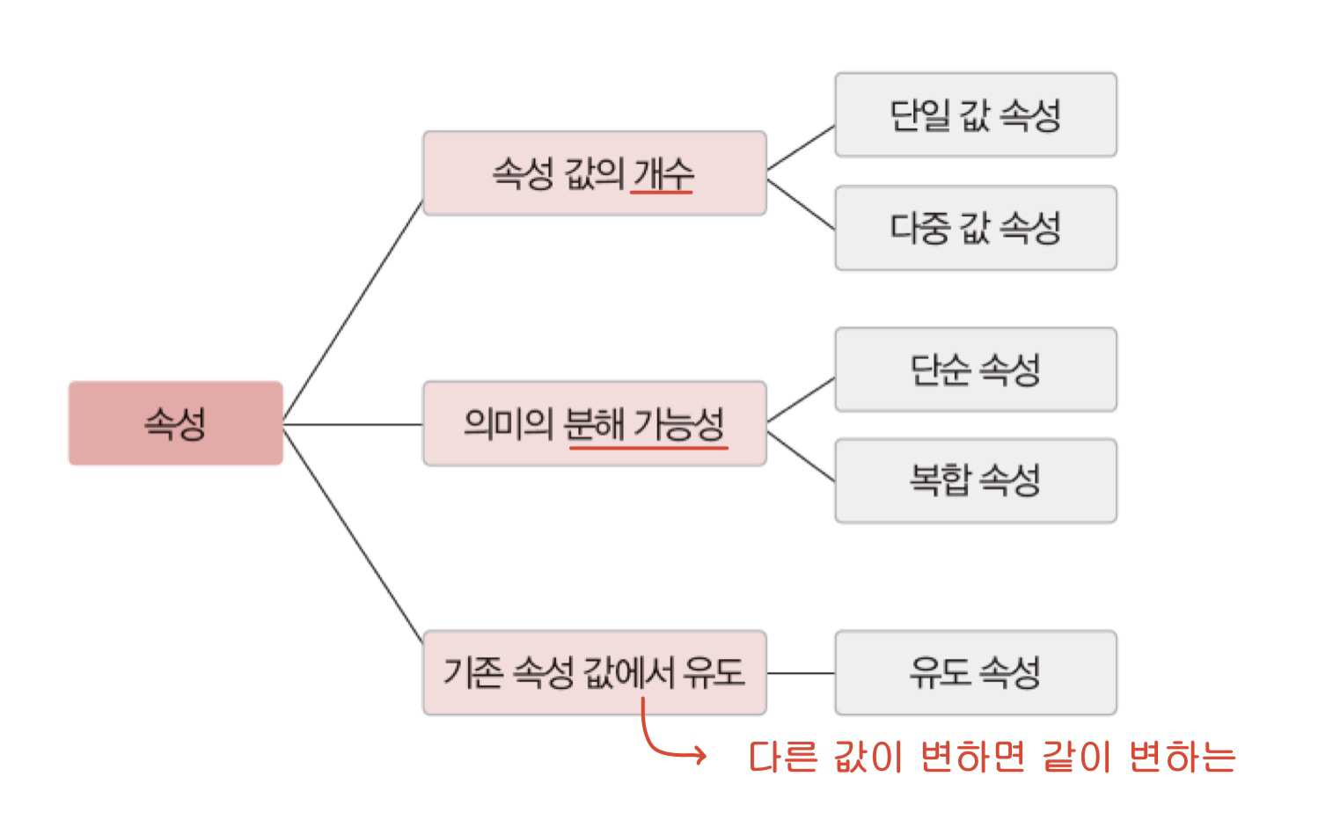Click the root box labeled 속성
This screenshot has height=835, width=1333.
[175, 423]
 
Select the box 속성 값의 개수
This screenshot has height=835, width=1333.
[594, 173]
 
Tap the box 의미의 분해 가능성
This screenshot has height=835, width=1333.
[594, 423]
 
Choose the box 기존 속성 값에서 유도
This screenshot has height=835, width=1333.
[594, 672]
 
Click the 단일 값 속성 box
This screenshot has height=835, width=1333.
[975, 115]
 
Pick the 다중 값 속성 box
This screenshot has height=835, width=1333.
[975, 228]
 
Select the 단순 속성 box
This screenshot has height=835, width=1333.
[975, 370]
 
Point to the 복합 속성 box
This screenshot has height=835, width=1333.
[975, 480]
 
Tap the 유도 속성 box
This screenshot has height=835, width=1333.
[975, 672]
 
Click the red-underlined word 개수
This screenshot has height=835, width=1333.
[663, 173]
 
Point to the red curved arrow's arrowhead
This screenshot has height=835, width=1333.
[699, 755]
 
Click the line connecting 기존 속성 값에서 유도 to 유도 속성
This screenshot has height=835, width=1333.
[801, 673]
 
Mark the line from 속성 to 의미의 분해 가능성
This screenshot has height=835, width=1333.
[352, 424]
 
